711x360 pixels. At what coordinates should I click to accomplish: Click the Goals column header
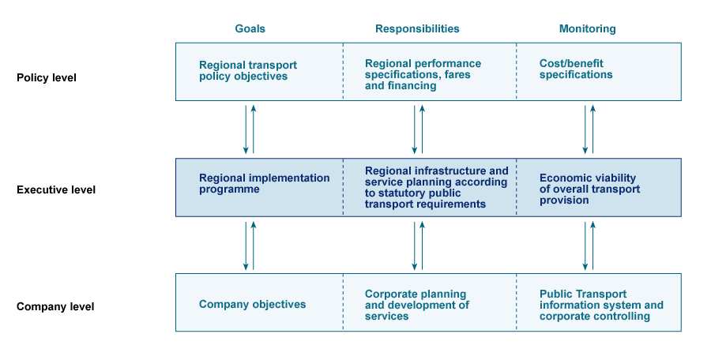click(250, 28)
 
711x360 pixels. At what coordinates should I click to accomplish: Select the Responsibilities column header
click(417, 28)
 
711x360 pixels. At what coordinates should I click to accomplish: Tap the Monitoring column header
click(587, 28)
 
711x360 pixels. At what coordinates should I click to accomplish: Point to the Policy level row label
click(47, 77)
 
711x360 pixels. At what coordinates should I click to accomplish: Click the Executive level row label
click(56, 189)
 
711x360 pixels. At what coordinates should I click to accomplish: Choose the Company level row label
click(55, 306)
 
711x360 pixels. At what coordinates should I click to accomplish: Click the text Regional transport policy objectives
click(247, 71)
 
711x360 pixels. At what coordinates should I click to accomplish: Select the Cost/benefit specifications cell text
click(576, 69)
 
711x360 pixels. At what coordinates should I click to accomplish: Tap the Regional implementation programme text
click(264, 184)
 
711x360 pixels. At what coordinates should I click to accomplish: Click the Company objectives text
click(252, 304)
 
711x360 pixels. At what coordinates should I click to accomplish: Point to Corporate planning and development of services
click(416, 305)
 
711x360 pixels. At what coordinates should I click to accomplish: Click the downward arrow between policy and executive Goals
click(246, 129)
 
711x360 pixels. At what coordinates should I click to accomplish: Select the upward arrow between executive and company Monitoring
click(592, 246)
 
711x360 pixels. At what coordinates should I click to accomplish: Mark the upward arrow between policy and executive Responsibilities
click(422, 129)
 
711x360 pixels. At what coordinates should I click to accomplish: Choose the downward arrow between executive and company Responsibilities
click(414, 246)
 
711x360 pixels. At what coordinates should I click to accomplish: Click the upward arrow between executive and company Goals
click(254, 246)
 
